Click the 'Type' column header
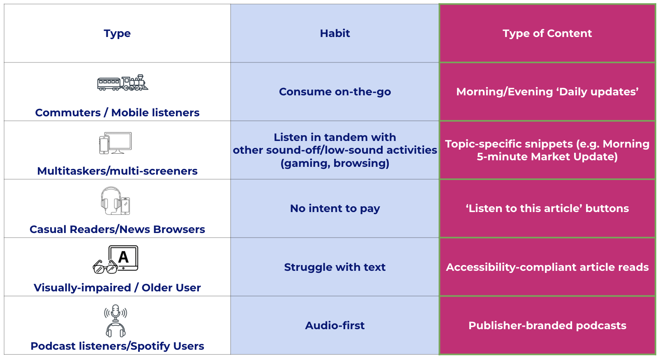pyautogui.click(x=117, y=33)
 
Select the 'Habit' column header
pyautogui.click(x=335, y=33)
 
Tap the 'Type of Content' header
pyautogui.click(x=547, y=33)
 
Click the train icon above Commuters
pyautogui.click(x=122, y=83)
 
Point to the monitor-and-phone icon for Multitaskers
pyautogui.click(x=115, y=143)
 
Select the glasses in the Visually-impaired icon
pyautogui.click(x=105, y=268)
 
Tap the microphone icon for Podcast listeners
pyautogui.click(x=115, y=313)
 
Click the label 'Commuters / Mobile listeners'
pyautogui.click(x=117, y=113)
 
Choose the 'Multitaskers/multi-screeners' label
pyautogui.click(x=117, y=171)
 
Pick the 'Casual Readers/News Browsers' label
pyautogui.click(x=117, y=229)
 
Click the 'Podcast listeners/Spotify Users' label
pyautogui.click(x=117, y=346)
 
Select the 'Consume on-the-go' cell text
pyautogui.click(x=335, y=92)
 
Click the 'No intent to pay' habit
pyautogui.click(x=335, y=208)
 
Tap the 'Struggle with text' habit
pyautogui.click(x=335, y=267)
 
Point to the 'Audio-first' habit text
pyautogui.click(x=335, y=325)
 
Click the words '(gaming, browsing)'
pyautogui.click(x=335, y=163)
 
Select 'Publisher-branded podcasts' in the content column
pyautogui.click(x=547, y=325)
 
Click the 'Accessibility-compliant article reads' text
pyautogui.click(x=547, y=267)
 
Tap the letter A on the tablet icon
pyautogui.click(x=123, y=257)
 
